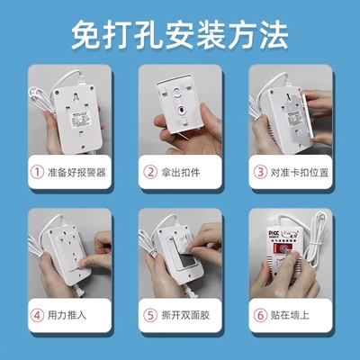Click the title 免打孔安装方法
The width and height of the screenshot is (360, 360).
click(x=180, y=34)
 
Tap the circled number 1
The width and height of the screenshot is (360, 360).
click(x=36, y=172)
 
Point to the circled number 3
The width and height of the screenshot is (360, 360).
click(x=261, y=172)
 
